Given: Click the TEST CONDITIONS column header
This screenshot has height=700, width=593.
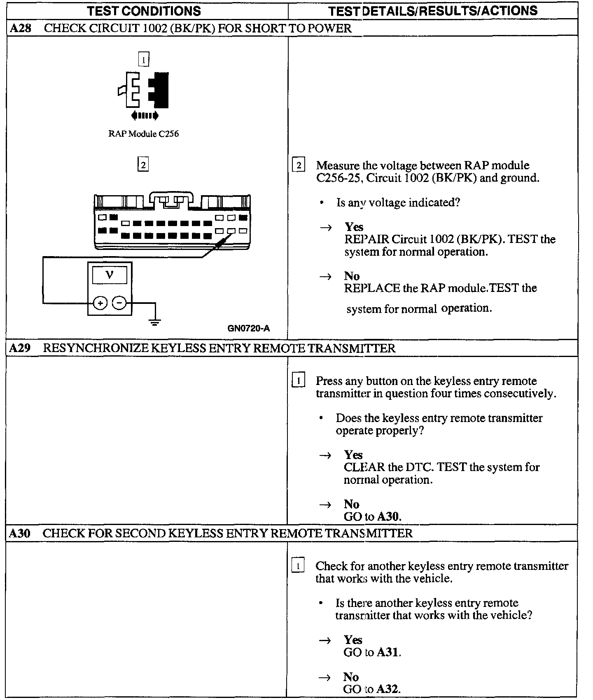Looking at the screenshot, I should click(x=144, y=11).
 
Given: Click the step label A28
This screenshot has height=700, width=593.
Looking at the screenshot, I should click(x=20, y=28).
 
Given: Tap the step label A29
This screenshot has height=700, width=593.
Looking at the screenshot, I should click(x=20, y=348).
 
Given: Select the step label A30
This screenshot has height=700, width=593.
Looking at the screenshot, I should click(x=20, y=533).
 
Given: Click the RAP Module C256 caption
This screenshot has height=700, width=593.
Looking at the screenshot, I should click(x=143, y=134).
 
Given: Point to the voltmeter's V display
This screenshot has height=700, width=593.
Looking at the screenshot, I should click(x=110, y=275).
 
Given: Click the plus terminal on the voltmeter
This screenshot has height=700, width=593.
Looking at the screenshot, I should click(x=100, y=303).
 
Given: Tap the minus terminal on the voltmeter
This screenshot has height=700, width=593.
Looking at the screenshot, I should click(x=119, y=303).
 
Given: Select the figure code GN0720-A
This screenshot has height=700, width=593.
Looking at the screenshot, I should click(x=248, y=328).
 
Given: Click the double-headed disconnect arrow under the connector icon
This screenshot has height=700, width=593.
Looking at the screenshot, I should click(x=145, y=116).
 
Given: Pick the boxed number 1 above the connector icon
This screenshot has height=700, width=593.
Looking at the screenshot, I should click(x=143, y=60).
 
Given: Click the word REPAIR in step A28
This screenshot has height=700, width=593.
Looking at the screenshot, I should click(x=367, y=239).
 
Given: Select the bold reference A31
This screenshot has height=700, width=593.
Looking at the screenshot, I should click(x=388, y=652).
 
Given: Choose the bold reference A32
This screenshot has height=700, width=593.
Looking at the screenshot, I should click(x=388, y=689).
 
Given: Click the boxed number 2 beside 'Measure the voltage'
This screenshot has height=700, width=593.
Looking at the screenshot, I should click(x=298, y=166).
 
